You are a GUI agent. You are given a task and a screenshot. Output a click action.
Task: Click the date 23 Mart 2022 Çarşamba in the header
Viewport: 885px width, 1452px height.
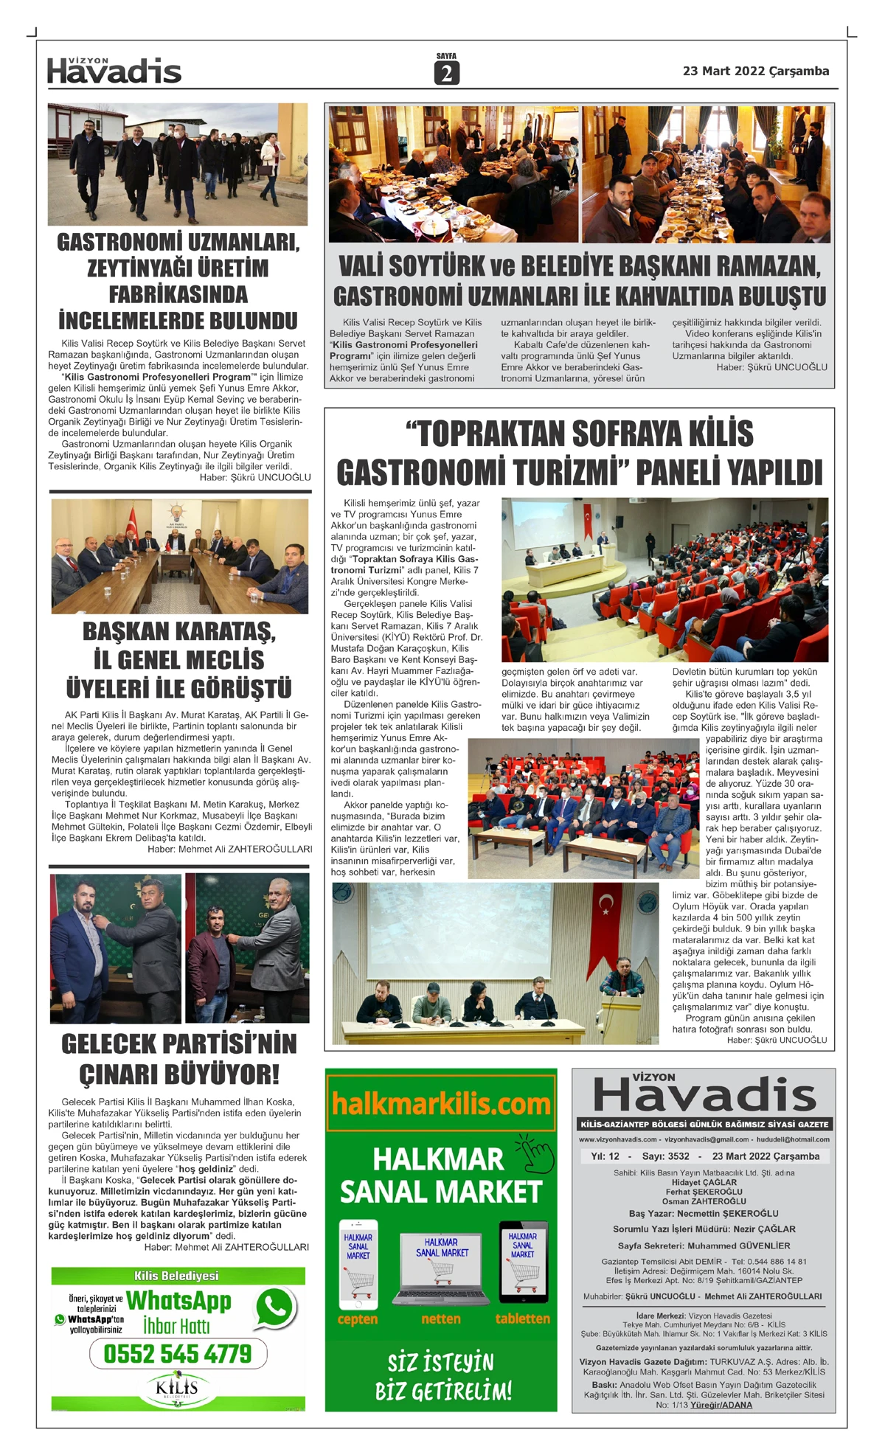click(755, 72)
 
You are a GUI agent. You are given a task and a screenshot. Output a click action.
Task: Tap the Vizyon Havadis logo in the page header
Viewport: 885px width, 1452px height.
click(114, 71)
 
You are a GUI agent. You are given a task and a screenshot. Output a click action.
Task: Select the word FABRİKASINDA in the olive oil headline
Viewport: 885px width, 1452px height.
click(178, 294)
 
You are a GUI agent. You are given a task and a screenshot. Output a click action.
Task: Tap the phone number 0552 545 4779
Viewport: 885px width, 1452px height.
click(178, 1354)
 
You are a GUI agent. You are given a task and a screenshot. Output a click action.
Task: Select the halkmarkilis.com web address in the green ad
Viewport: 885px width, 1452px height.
click(441, 1104)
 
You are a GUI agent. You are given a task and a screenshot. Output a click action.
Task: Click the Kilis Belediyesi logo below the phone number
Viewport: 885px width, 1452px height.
click(178, 1389)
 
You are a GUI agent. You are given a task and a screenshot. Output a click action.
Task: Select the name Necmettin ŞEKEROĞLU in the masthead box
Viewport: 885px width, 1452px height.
click(727, 1213)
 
